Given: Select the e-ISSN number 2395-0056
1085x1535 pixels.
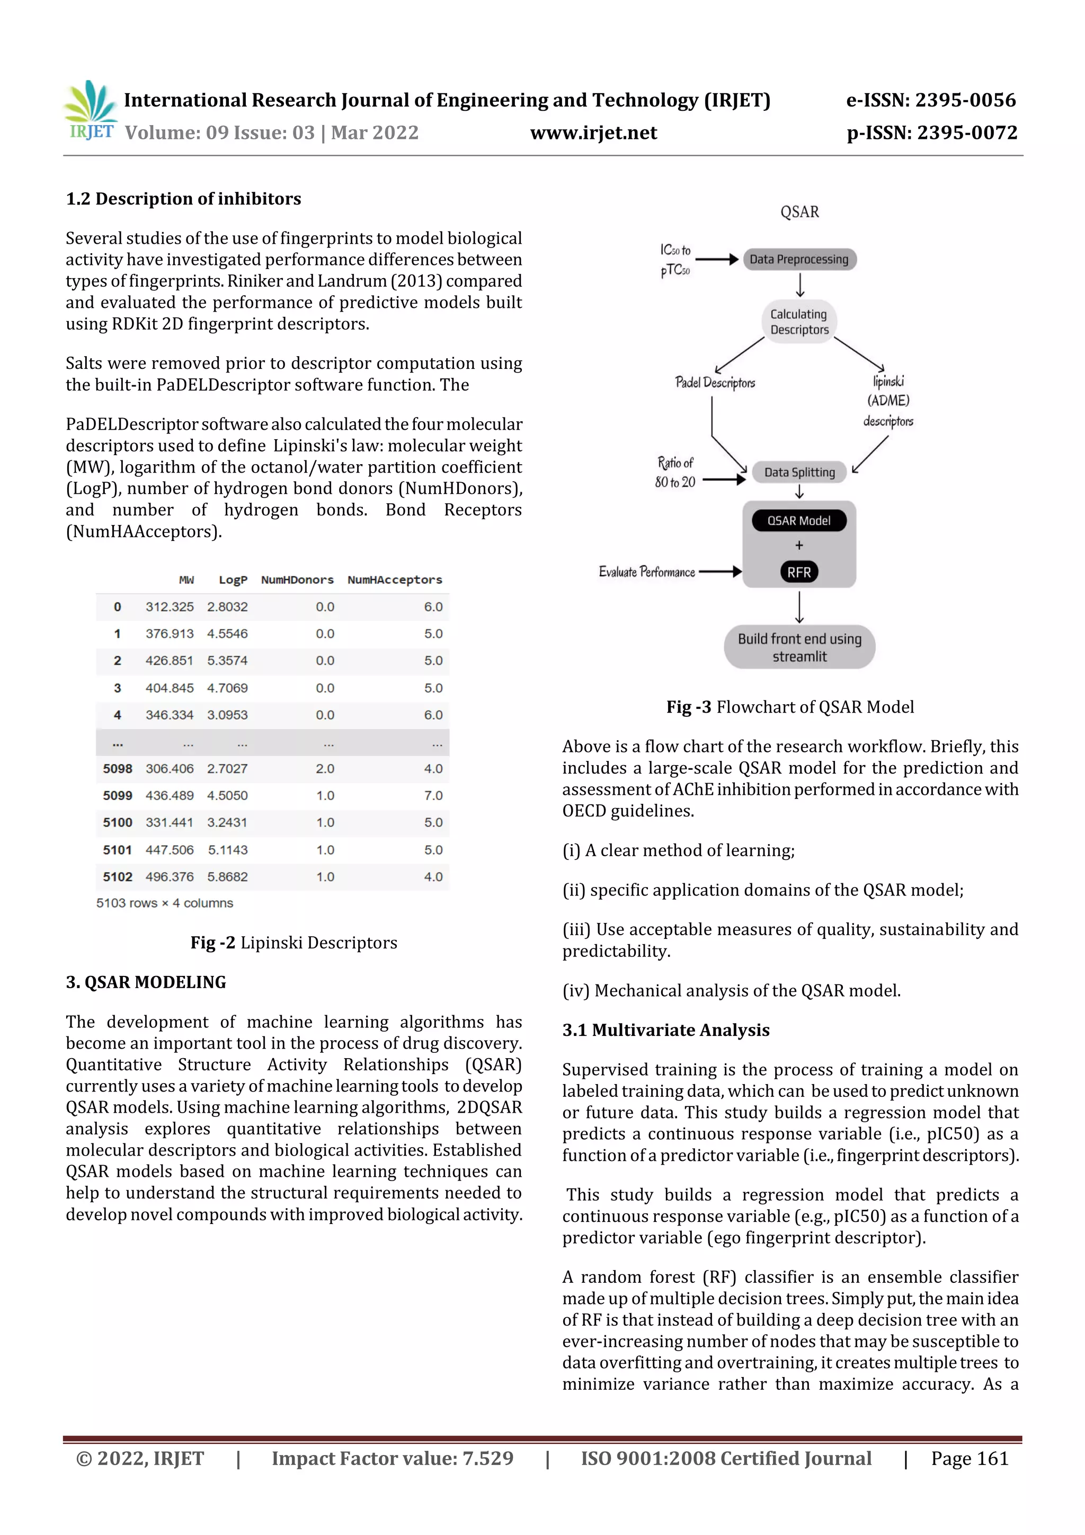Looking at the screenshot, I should click(x=965, y=100).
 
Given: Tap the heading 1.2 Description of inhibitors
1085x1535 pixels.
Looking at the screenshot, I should click(x=183, y=199).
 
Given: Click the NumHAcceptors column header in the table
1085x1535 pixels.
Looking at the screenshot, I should click(x=394, y=580).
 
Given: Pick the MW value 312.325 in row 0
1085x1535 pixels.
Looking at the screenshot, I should click(x=170, y=607).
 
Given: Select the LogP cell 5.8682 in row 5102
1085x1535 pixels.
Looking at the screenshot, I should click(x=227, y=876).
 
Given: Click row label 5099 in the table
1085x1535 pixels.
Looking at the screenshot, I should click(x=118, y=795).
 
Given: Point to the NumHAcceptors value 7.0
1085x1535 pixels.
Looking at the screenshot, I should click(x=433, y=795).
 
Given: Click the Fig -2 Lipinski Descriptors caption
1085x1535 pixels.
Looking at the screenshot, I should click(x=294, y=943).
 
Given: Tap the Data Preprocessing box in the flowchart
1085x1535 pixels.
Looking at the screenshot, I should click(x=799, y=260).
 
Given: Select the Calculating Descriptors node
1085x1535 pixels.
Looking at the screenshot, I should click(x=799, y=322).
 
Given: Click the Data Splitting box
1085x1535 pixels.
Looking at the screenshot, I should click(x=799, y=472).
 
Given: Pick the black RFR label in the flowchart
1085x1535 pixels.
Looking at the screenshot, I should click(x=799, y=572).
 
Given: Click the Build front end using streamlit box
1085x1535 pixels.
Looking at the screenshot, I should click(x=799, y=647).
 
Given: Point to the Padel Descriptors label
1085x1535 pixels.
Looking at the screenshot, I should click(x=715, y=383).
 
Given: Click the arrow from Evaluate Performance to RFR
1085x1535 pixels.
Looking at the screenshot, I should click(x=719, y=572).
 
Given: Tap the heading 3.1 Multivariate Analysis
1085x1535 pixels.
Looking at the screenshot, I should click(x=666, y=1030).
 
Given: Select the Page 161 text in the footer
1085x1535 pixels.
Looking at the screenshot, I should click(x=970, y=1458).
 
